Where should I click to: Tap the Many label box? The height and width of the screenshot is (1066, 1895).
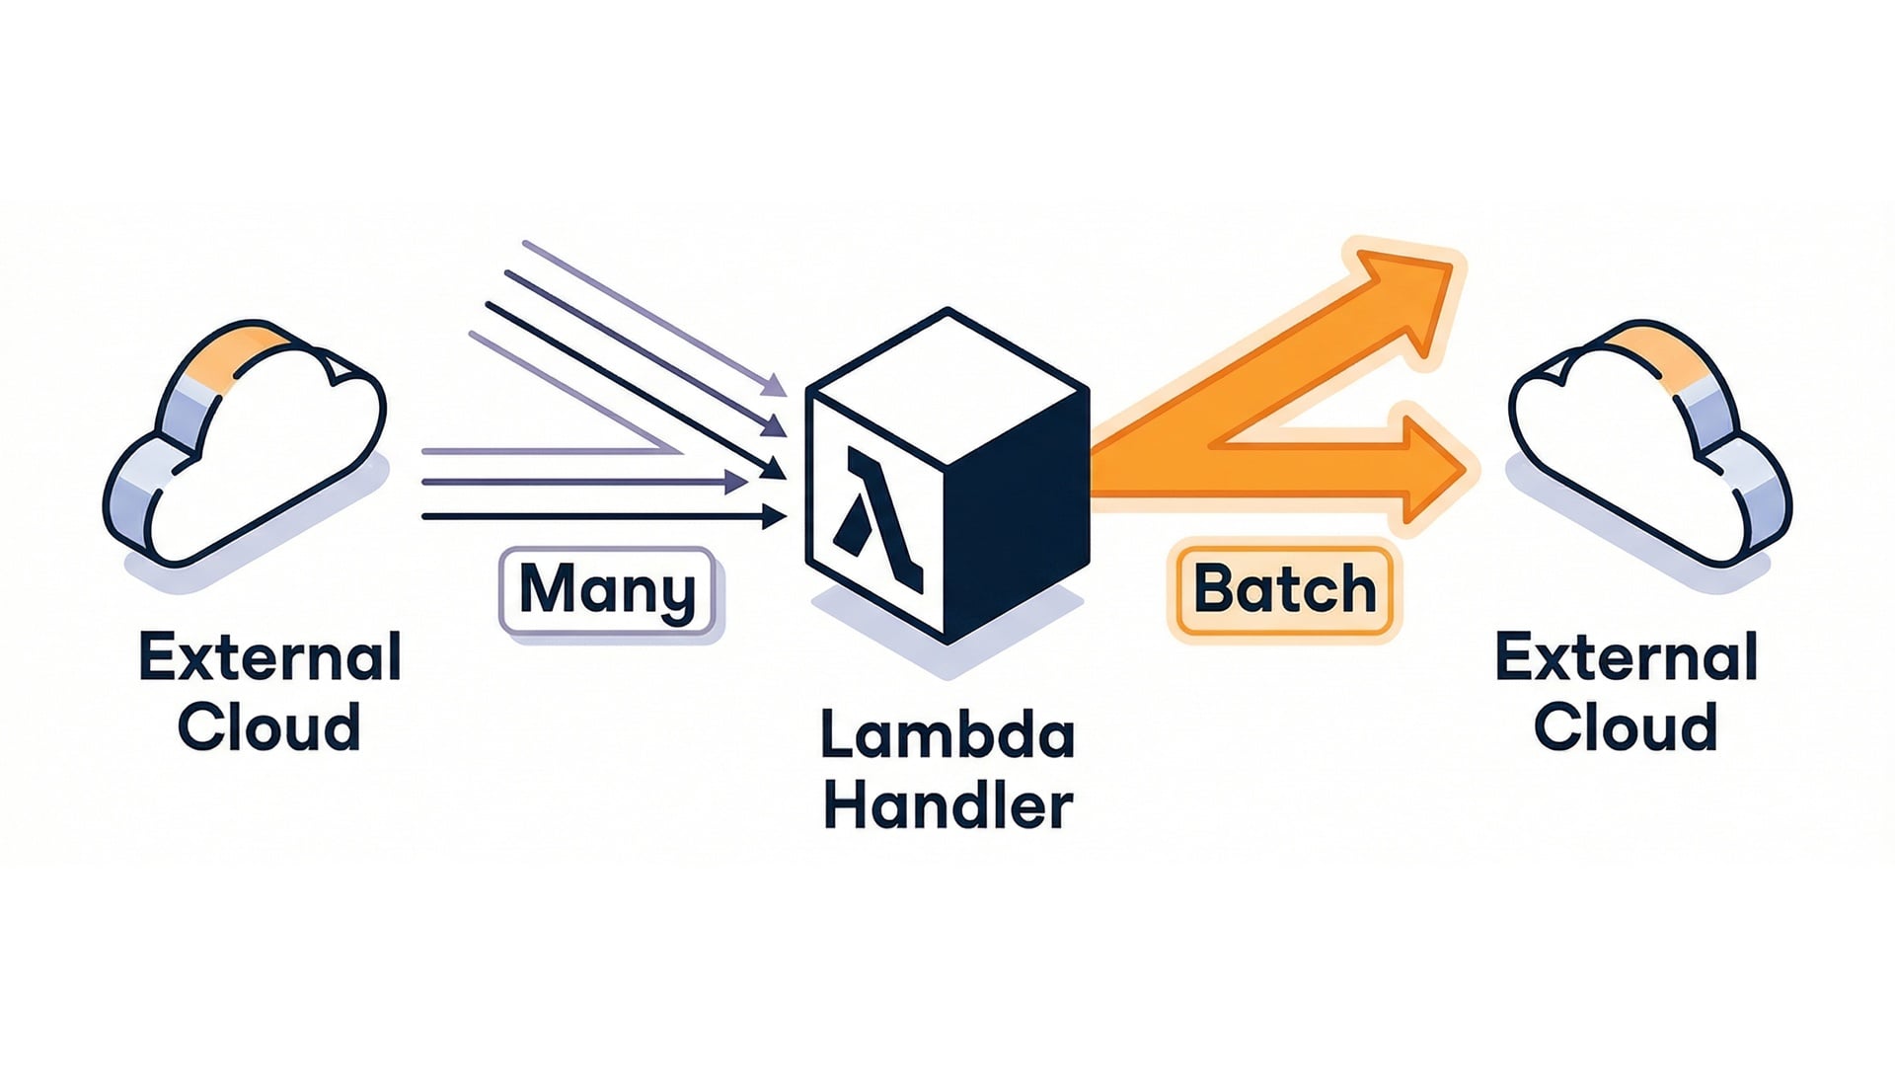coord(607,590)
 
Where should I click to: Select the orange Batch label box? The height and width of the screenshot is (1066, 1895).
coord(1284,590)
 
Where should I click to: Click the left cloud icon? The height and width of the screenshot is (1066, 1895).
coord(247,444)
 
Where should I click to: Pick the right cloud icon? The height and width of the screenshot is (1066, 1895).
coord(1648,444)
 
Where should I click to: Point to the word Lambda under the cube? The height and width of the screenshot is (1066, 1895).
coord(947,736)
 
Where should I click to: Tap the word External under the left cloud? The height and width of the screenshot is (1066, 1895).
coord(269,657)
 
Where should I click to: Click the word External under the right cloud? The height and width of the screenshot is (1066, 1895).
coord(1626,657)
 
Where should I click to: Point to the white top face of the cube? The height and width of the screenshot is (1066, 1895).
coord(947,385)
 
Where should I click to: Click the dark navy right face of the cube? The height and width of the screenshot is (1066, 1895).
coord(1017,513)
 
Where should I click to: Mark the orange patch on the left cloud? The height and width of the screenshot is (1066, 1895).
coord(237,350)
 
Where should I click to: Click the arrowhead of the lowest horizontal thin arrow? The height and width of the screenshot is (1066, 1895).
coord(775,516)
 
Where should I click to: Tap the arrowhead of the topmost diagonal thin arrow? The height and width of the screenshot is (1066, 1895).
coord(776,386)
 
